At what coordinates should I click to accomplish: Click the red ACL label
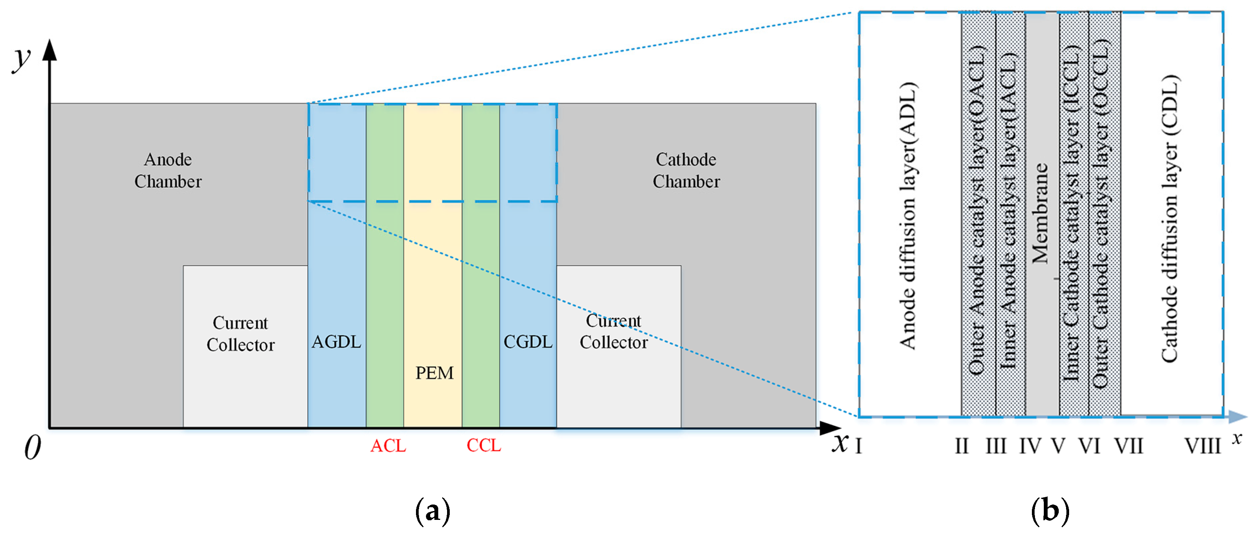pyautogui.click(x=388, y=445)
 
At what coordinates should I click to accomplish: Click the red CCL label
pyautogui.click(x=484, y=445)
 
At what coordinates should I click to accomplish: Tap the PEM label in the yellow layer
pyautogui.click(x=434, y=373)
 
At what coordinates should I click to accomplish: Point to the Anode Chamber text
pyautogui.click(x=168, y=170)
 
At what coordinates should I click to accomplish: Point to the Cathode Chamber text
pyautogui.click(x=686, y=170)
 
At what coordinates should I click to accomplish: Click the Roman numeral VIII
pyautogui.click(x=1202, y=446)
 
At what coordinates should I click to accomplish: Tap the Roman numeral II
pyautogui.click(x=962, y=446)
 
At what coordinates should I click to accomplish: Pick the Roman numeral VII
pyautogui.click(x=1129, y=446)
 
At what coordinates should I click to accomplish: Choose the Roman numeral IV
pyautogui.click(x=1030, y=446)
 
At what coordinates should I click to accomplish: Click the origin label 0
pyautogui.click(x=33, y=447)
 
